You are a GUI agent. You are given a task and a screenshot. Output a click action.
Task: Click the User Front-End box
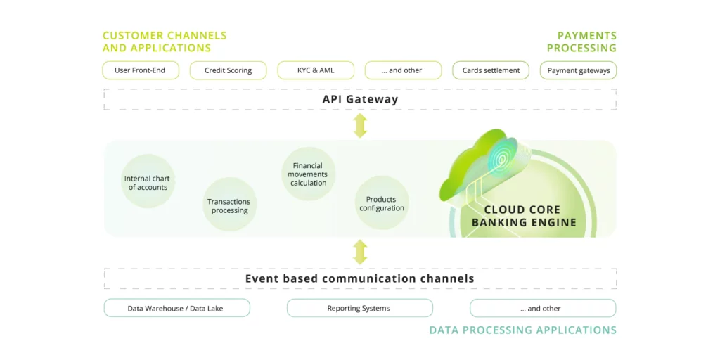coord(140,70)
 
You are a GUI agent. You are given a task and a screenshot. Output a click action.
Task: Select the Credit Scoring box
coord(229,70)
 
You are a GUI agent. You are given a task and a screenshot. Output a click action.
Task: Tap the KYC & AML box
coord(316,70)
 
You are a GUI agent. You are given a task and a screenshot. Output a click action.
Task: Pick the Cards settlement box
coord(491,70)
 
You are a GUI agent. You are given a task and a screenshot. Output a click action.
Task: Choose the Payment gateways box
coord(578,70)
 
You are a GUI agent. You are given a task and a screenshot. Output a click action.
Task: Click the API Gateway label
coord(360,99)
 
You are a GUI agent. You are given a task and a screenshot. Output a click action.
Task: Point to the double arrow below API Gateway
coord(361,125)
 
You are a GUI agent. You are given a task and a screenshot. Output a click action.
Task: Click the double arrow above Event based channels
coord(361,252)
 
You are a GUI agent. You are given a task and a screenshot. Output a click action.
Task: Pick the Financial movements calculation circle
coord(309,174)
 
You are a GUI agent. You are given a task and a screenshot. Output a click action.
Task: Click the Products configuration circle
coord(382,203)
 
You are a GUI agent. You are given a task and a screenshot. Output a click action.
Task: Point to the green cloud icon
coord(480,166)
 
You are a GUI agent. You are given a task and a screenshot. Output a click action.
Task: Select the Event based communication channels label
coord(359,278)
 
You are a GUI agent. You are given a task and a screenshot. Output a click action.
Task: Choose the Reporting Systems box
coord(360,308)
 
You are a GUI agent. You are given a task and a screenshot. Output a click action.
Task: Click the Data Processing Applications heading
coord(523,330)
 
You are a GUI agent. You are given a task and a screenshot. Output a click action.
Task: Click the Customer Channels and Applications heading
coord(165,41)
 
